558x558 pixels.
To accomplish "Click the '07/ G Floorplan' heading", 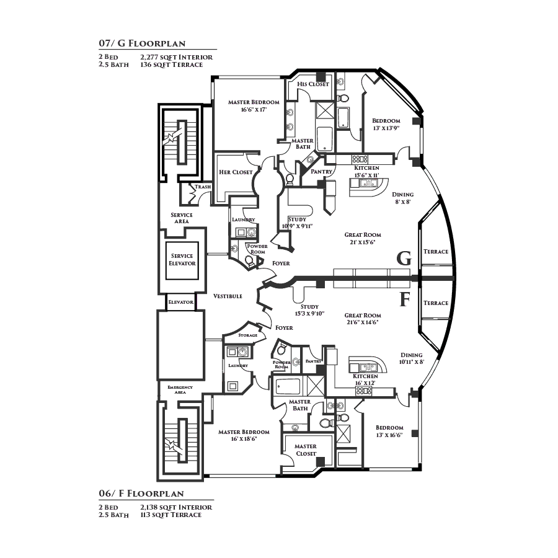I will pyautogui.click(x=142, y=43).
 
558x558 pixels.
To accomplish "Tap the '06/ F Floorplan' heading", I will pyautogui.click(x=141, y=494).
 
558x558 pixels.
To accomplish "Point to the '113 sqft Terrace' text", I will pyautogui.click(x=170, y=515).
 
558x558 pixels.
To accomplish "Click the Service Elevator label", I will pyautogui.click(x=182, y=259).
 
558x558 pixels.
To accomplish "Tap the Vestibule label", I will pyautogui.click(x=228, y=296).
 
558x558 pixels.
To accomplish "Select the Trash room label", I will pyautogui.click(x=203, y=187).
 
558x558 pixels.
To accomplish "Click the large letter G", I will pyautogui.click(x=404, y=259).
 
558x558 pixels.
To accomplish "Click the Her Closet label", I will pyautogui.click(x=236, y=172).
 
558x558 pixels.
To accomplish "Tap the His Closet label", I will pyautogui.click(x=313, y=84).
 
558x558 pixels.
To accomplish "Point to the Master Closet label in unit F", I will pyautogui.click(x=306, y=449).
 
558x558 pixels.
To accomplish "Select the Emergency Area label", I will pyautogui.click(x=180, y=389).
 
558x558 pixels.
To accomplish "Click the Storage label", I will pyautogui.click(x=247, y=335).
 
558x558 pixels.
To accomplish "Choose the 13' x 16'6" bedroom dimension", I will pyautogui.click(x=389, y=435).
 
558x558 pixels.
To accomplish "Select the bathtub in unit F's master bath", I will pyautogui.click(x=287, y=386).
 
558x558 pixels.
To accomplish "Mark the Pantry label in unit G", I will pyautogui.click(x=322, y=171).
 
